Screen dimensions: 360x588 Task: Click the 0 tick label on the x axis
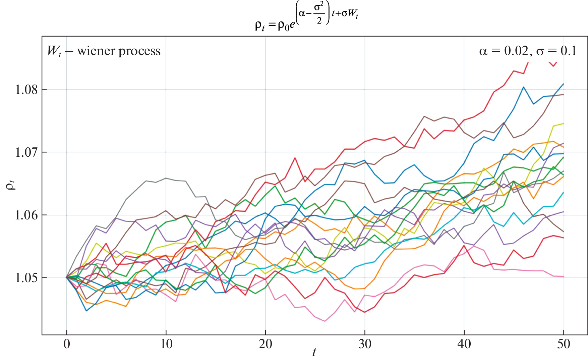coord(67,344)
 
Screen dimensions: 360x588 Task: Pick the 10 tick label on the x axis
coord(166,344)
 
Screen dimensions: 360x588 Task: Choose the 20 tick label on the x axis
coord(266,344)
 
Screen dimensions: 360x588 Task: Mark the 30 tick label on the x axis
coord(365,344)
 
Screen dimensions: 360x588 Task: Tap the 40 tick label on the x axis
coord(464,344)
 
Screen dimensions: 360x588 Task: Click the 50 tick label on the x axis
coord(564,344)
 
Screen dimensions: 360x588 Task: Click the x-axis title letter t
coord(314,352)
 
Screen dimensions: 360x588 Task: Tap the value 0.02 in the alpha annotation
coord(516,51)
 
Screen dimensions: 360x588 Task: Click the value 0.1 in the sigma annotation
coord(568,51)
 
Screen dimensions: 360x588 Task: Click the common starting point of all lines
coord(67,277)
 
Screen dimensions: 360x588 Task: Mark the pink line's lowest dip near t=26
coord(325,321)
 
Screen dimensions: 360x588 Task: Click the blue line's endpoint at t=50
coord(564,84)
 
